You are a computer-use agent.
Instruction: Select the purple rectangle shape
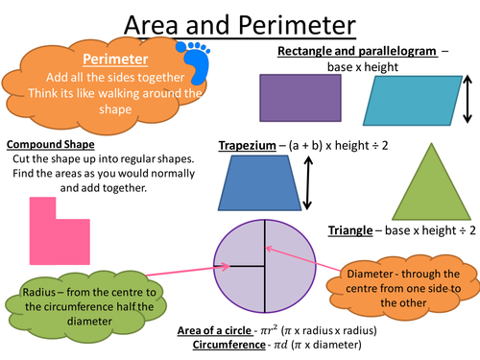pos(300,98)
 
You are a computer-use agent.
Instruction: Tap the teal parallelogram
pos(413,101)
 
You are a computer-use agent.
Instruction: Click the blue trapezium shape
pos(259,183)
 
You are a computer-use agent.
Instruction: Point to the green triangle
pos(431,189)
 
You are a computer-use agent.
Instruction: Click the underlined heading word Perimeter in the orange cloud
pos(115,60)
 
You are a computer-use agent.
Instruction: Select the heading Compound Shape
pos(51,144)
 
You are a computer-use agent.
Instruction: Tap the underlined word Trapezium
pos(247,146)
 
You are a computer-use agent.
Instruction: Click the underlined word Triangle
pos(350,230)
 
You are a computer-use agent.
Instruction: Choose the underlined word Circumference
pos(229,345)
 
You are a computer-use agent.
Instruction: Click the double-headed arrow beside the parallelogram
pos(468,99)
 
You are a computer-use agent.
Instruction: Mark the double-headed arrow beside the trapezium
pos(307,182)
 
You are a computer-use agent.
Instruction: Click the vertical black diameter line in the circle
pos(265,266)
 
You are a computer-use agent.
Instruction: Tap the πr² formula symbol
pos(269,329)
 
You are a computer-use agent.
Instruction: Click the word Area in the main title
pos(151,25)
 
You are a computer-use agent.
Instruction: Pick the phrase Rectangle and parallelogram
pos(357,51)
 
